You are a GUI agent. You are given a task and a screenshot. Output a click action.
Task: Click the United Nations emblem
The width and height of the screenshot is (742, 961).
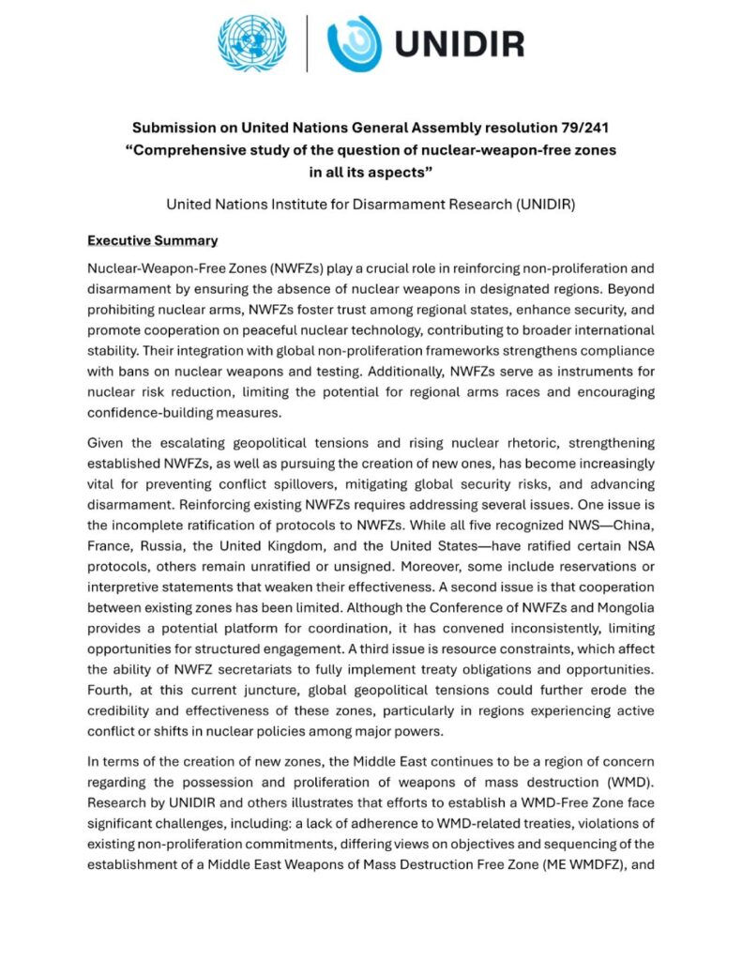tap(250, 42)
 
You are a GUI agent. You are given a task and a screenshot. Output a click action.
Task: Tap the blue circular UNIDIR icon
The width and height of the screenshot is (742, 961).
tap(355, 43)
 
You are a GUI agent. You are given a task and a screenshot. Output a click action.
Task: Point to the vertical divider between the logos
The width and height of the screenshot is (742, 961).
tap(307, 43)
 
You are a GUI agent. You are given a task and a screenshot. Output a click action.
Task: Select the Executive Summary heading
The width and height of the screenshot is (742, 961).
tap(152, 241)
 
